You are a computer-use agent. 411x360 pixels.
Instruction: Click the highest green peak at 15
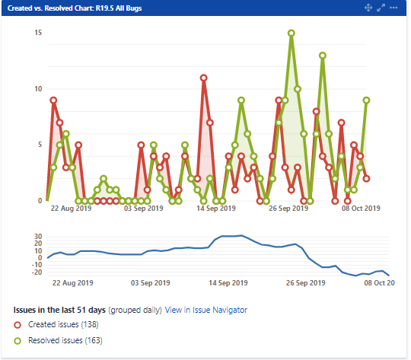[x=291, y=33]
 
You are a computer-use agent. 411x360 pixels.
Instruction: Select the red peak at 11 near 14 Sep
[x=203, y=78]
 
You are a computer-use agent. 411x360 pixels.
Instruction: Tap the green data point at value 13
[x=323, y=56]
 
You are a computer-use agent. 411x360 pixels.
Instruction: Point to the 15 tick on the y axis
[x=38, y=33]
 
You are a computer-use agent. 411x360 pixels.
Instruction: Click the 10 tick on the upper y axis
[x=38, y=89]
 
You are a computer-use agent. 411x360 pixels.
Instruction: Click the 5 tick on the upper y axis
[x=40, y=145]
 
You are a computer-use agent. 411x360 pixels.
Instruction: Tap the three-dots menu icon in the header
[x=395, y=8]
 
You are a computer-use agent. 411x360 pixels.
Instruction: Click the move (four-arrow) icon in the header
[x=368, y=8]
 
